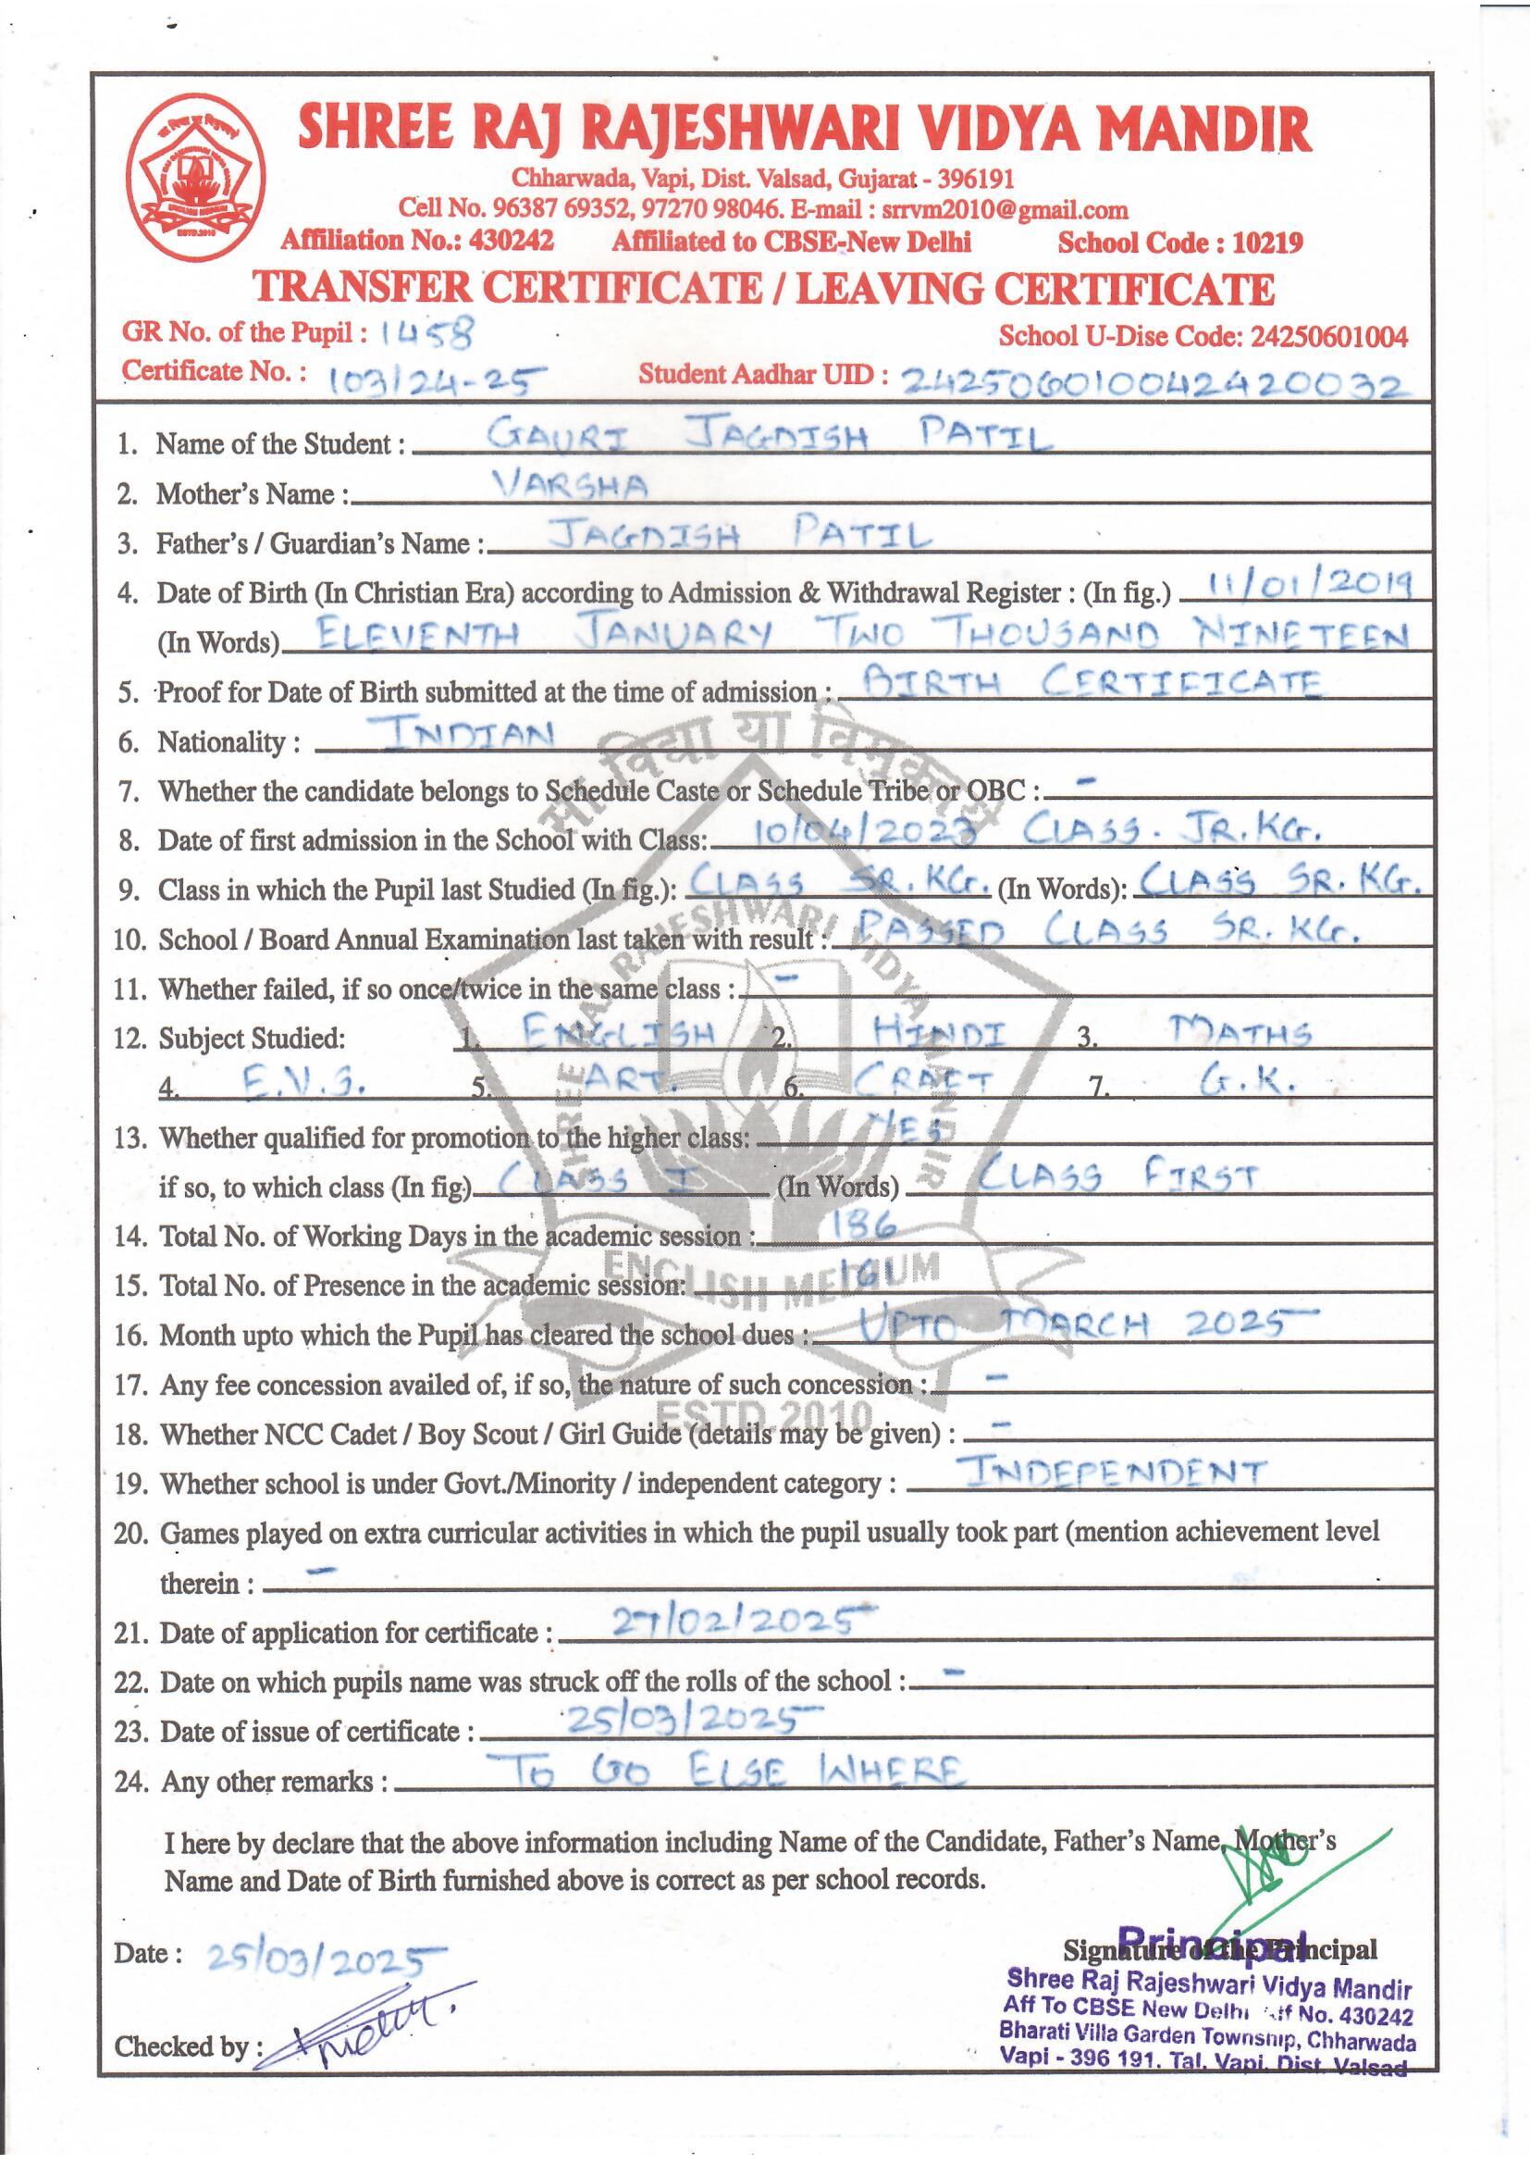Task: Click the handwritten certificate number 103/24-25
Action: (438, 379)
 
